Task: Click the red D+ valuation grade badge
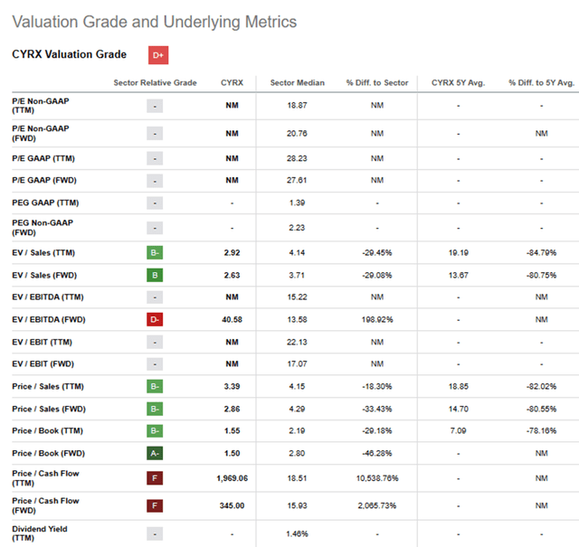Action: (x=158, y=55)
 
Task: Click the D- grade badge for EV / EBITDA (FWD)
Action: (x=155, y=319)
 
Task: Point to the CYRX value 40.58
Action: (x=232, y=319)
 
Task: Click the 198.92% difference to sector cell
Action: (x=377, y=319)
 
